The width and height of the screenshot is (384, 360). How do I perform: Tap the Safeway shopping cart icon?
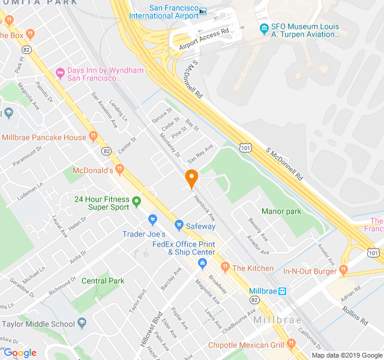(x=179, y=226)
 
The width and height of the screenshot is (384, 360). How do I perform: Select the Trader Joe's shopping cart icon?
(x=152, y=220)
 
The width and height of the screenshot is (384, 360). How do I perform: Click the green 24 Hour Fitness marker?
(x=137, y=201)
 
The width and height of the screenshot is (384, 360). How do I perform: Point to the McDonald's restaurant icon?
(x=120, y=170)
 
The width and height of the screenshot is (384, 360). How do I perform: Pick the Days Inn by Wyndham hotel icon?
(x=59, y=74)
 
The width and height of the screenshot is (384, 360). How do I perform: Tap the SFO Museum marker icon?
(x=263, y=28)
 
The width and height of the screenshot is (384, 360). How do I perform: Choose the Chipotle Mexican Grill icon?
(x=292, y=344)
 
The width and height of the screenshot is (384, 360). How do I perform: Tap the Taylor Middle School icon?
(x=81, y=323)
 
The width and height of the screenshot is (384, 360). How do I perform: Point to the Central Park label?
(x=103, y=281)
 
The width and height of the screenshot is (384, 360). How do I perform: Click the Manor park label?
(x=281, y=211)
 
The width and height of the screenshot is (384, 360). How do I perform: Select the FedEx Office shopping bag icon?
(x=203, y=263)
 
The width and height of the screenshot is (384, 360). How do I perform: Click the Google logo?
(x=20, y=353)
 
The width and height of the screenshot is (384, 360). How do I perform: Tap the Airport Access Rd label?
(x=204, y=38)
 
